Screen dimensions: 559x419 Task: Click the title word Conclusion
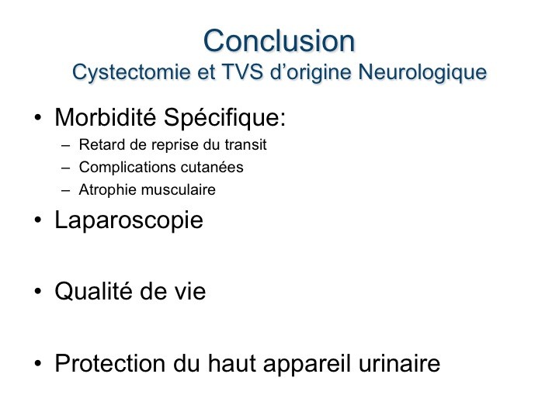coord(279,41)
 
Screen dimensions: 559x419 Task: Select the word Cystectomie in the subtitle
coord(131,72)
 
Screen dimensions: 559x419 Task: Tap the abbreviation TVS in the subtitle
coord(242,71)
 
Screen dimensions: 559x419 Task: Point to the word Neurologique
coord(422,72)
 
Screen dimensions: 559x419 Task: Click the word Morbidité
coord(106,117)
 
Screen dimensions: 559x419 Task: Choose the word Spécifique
coord(225,118)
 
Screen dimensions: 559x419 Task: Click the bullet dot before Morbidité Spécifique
coord(38,118)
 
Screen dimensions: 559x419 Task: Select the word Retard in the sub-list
coord(102,144)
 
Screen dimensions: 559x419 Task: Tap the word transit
coord(245,144)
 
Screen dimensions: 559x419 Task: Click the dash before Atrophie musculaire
coord(65,191)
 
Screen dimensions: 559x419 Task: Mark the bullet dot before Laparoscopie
coord(38,220)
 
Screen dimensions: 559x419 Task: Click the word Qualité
coord(94,291)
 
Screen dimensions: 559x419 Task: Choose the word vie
coord(190,292)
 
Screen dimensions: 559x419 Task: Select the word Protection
coord(110,363)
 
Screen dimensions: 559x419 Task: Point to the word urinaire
coord(399,363)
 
